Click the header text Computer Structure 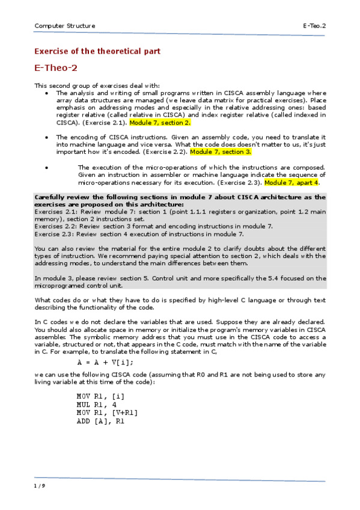point(64,26)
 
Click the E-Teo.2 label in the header point(314,26)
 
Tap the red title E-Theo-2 point(55,68)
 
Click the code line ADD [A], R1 point(100,421)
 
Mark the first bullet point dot point(47,94)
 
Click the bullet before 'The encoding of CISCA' point(47,138)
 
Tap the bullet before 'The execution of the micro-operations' point(47,167)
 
